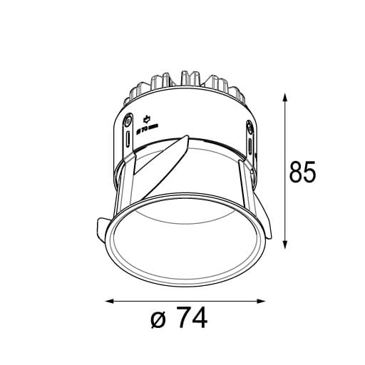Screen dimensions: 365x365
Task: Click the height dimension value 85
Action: [x=302, y=172]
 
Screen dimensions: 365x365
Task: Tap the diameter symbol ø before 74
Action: [x=160, y=320]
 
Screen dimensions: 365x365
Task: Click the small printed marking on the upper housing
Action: [x=146, y=125]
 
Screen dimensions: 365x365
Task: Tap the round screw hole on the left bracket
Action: [x=128, y=120]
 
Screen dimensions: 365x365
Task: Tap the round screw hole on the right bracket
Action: [x=250, y=128]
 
